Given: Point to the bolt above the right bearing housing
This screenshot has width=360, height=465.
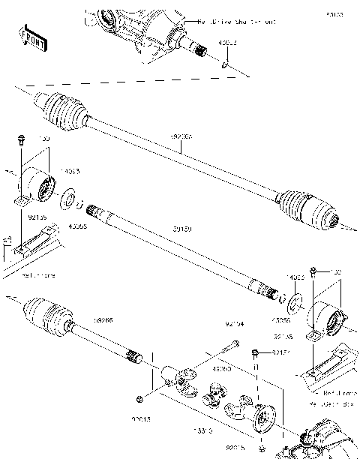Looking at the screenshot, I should tap(316, 270).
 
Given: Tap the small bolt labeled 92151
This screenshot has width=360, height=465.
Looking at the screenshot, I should tap(256, 352).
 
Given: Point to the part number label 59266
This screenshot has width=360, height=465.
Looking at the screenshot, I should tap(105, 322).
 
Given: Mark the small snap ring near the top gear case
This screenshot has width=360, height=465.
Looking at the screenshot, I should tap(225, 65).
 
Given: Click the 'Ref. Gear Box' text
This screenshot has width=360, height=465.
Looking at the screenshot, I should tap(335, 405).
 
